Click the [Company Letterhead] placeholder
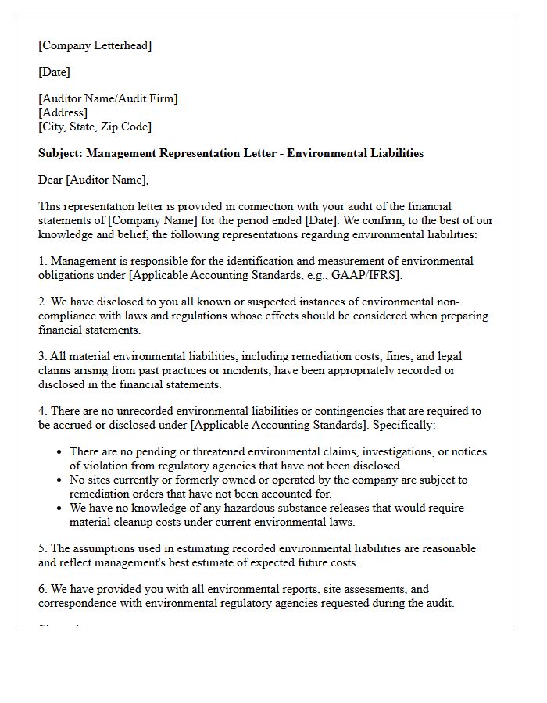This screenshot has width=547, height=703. (95, 45)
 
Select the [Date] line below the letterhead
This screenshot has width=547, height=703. (54, 72)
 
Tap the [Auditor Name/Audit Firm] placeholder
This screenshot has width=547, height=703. (108, 98)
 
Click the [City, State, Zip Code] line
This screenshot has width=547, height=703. (95, 127)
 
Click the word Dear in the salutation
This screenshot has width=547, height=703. (51, 180)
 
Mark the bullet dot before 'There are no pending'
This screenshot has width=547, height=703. (59, 452)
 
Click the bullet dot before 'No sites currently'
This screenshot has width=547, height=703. (59, 480)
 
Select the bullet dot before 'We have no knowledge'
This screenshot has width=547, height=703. (59, 509)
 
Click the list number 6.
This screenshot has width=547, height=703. (42, 589)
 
